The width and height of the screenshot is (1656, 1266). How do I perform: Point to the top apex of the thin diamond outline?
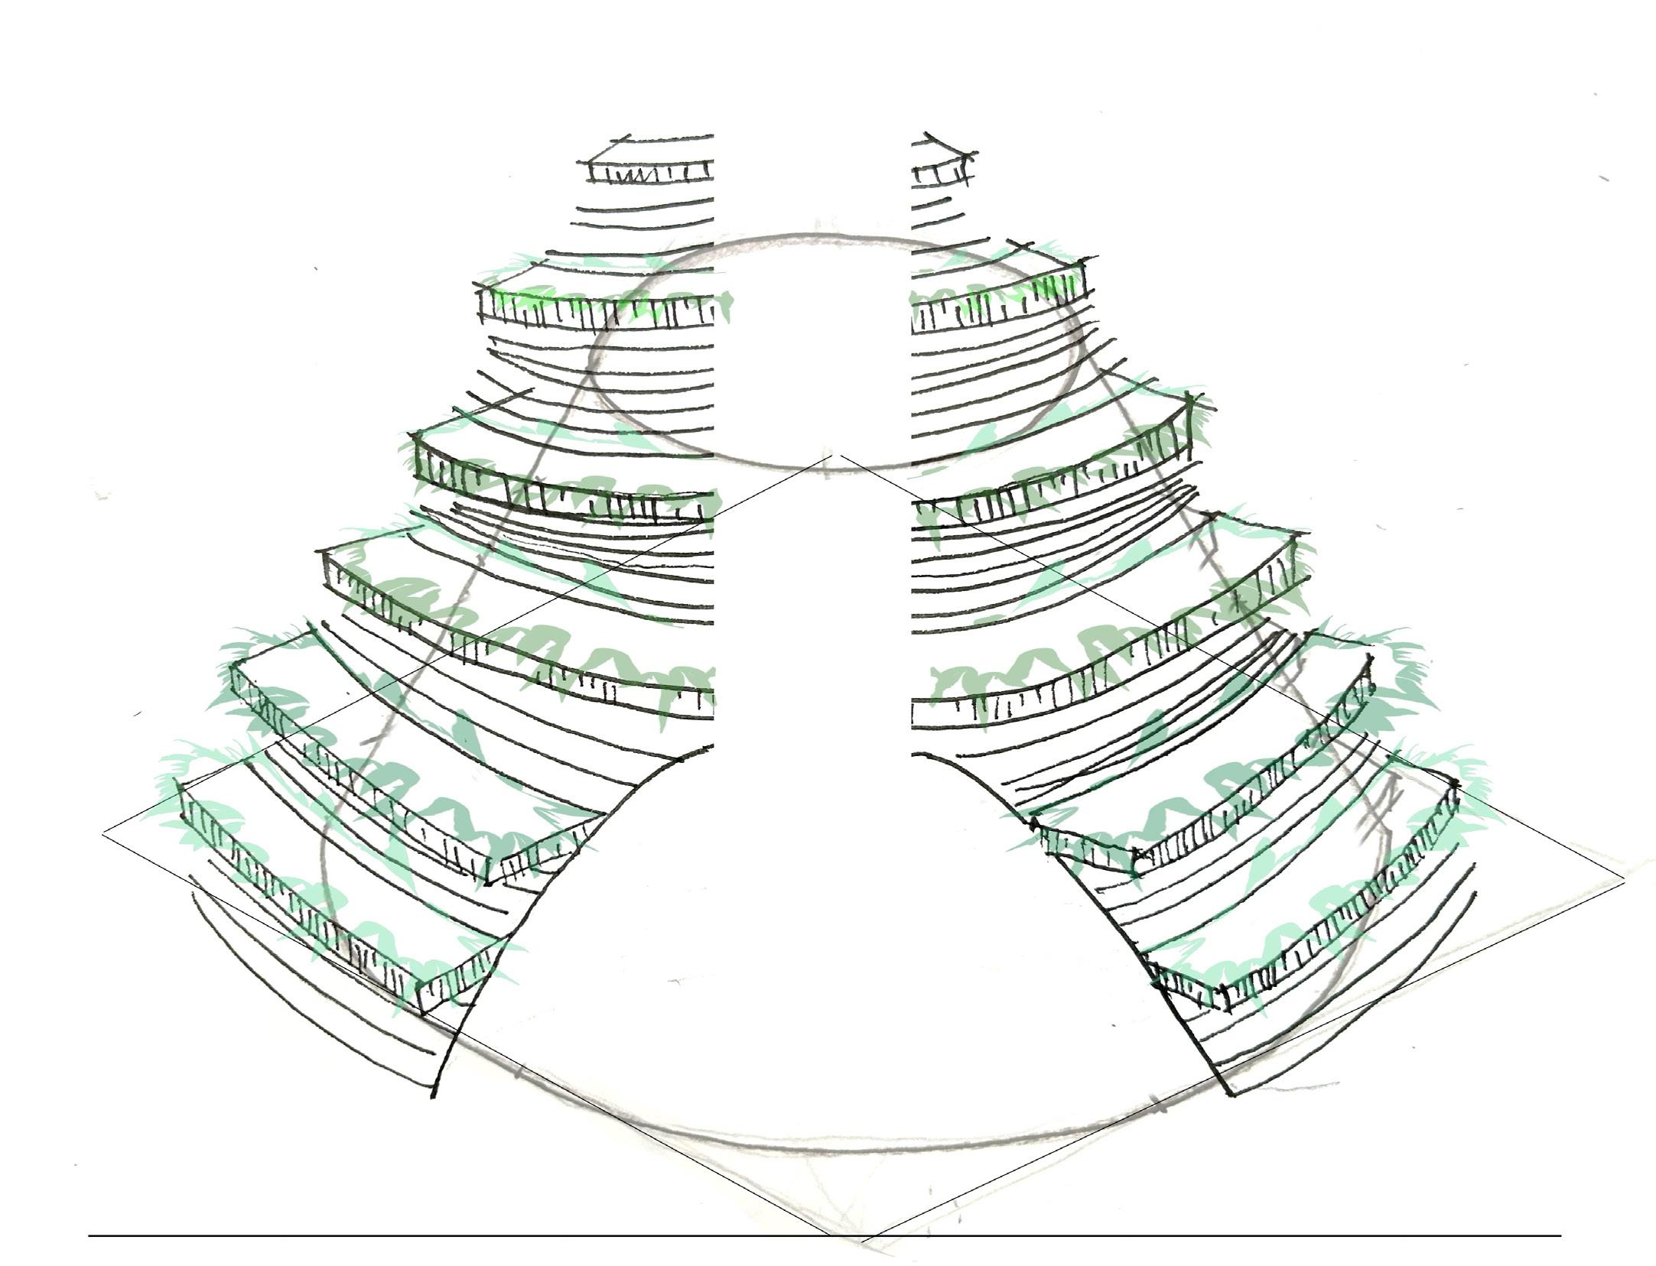tap(841, 454)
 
